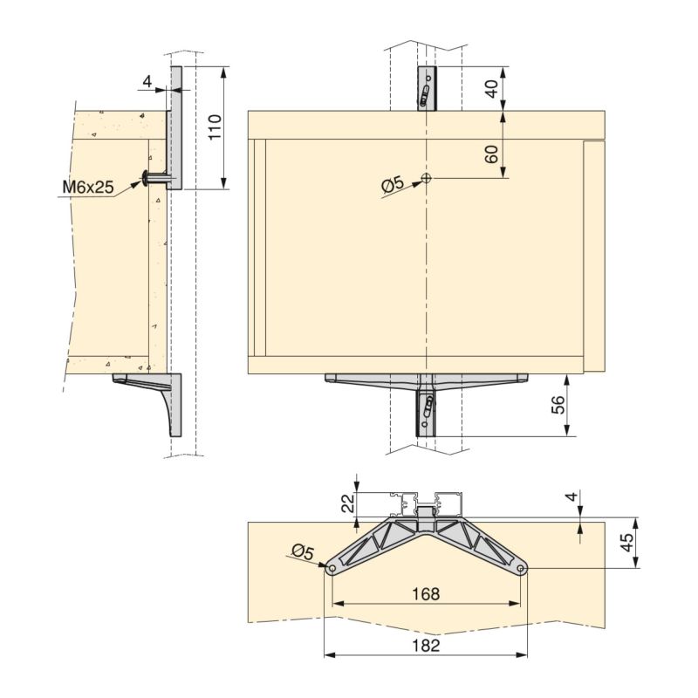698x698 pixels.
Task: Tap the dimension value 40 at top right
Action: [x=491, y=88]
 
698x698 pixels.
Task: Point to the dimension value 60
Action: [x=491, y=154]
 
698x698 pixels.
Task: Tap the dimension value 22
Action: [x=346, y=503]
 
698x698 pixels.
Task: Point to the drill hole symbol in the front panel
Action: [x=426, y=178]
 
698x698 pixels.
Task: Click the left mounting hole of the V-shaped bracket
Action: [x=332, y=570]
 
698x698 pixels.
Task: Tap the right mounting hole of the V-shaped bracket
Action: [x=521, y=570]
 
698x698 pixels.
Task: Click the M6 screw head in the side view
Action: [x=144, y=178]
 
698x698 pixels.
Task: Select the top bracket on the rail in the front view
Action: [x=426, y=89]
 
